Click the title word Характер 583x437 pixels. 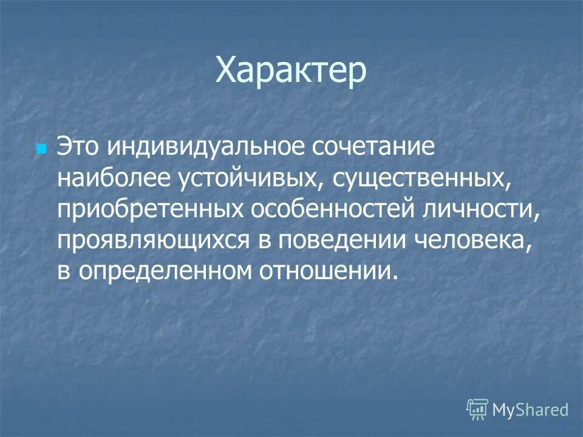[x=291, y=72]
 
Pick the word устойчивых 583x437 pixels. [x=254, y=178]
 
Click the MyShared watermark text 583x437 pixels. [x=530, y=410]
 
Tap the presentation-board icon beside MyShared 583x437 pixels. [x=477, y=410]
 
